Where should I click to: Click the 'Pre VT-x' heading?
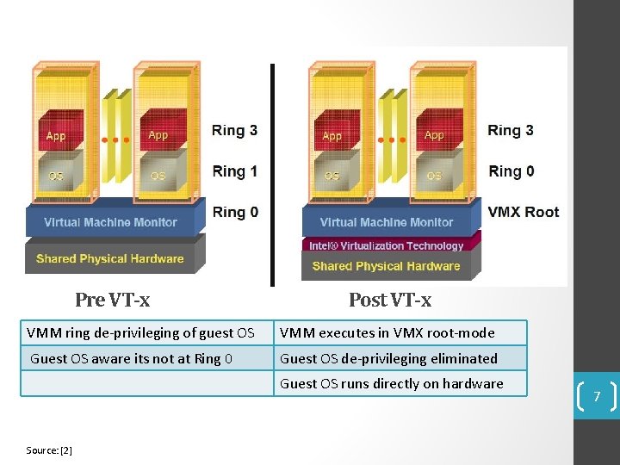112,300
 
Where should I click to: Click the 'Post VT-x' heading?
390,300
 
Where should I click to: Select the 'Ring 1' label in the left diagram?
235,171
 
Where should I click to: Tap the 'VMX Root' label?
523,212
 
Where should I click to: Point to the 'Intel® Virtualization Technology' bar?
387,245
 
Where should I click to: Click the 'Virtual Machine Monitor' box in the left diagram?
110,222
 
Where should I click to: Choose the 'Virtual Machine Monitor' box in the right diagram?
387,222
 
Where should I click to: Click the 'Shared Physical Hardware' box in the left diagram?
110,258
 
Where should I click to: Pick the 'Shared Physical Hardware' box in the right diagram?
387,266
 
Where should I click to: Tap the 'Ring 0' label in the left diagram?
235,212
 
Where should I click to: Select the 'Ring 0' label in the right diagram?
512,171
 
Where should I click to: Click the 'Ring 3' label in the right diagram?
511,130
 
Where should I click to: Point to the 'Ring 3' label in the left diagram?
235,130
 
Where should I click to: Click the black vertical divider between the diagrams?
273,172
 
